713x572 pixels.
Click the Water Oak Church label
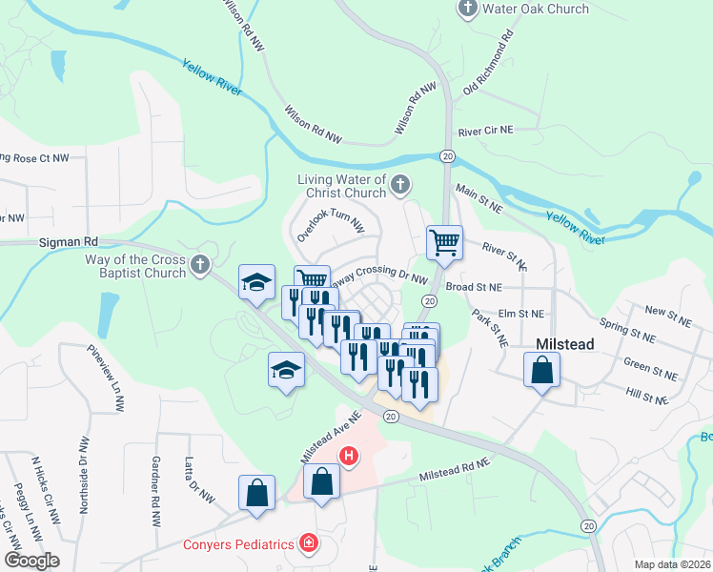536,10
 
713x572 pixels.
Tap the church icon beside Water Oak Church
468,10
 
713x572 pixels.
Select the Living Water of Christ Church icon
401,183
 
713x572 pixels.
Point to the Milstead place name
566,343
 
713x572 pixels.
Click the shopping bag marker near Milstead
541,371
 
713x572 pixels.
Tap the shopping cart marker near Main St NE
444,243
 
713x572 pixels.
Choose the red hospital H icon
350,457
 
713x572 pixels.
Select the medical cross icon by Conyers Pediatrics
308,544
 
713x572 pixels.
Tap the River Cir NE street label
485,132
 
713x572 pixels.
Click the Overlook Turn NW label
331,222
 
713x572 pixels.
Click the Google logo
31,561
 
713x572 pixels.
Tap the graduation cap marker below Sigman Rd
255,282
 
